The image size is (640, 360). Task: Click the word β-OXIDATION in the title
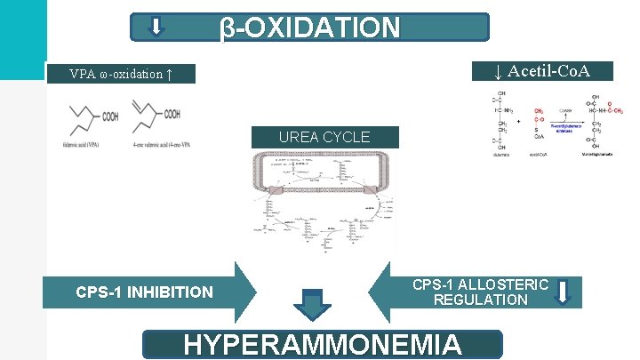pos(310,27)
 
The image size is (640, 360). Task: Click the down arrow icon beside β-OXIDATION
pos(156,27)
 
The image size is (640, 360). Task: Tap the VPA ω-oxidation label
pos(120,74)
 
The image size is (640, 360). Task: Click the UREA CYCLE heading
pos(324,137)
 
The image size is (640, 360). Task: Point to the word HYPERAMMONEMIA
pos(323,345)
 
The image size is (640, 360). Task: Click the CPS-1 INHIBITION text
pos(144,292)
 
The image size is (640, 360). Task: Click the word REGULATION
pos(481,300)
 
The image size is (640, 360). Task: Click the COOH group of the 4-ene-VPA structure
pos(172,114)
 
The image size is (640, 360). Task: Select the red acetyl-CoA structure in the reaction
pos(540,122)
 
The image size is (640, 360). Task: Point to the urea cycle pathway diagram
pos(324,200)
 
